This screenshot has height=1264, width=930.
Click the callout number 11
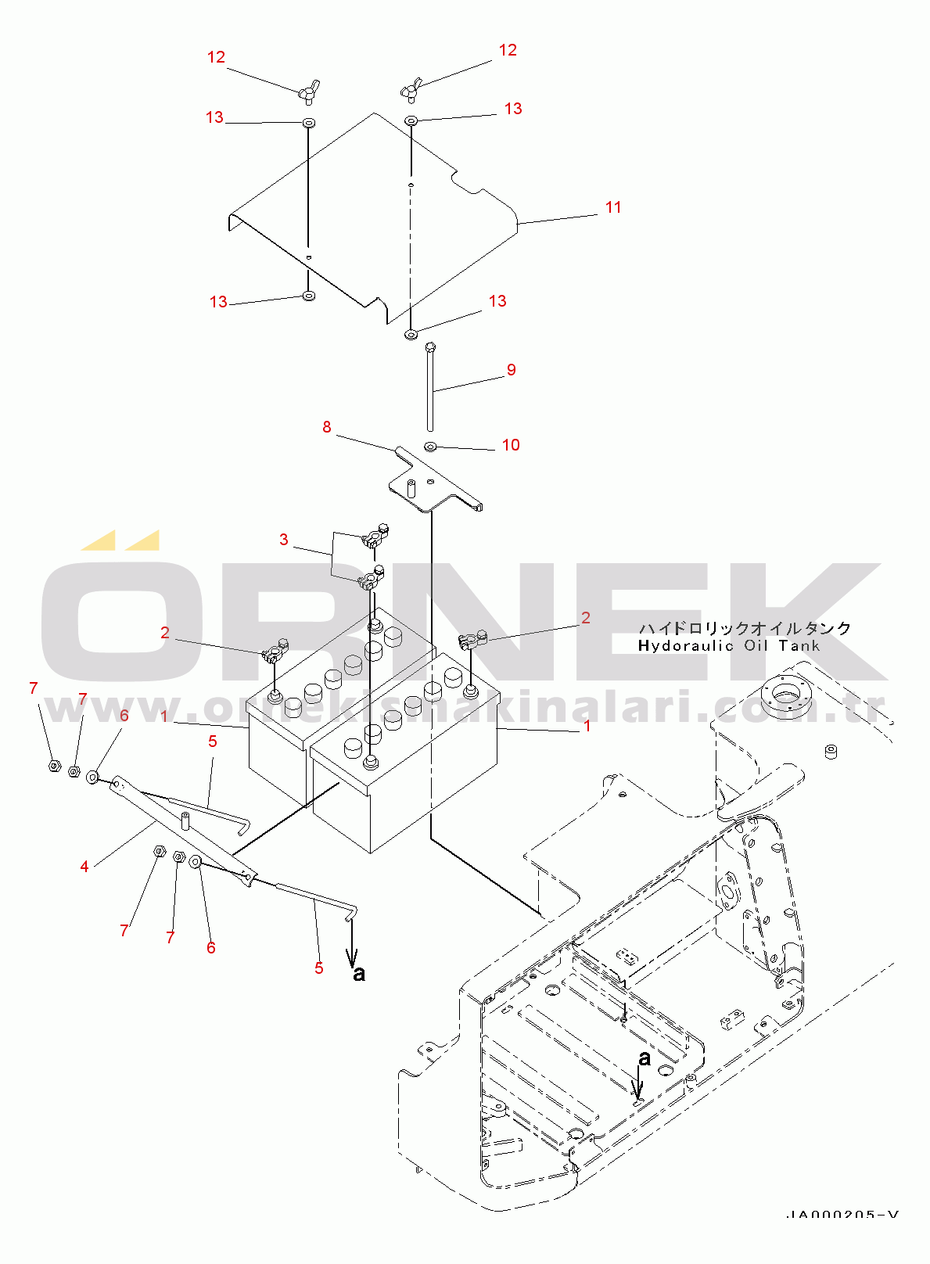[x=613, y=207]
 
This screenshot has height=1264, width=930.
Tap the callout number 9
[x=511, y=370]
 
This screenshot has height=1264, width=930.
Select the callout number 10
[x=511, y=445]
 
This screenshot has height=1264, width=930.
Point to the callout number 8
[x=327, y=427]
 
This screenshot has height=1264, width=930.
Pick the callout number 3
[x=284, y=540]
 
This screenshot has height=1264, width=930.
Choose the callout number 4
[x=84, y=866]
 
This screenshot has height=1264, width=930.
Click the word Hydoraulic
[x=685, y=646]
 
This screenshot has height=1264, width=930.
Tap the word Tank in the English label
[x=799, y=646]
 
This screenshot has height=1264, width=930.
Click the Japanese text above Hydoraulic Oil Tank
[x=745, y=628]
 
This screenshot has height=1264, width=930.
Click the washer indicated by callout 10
[x=430, y=447]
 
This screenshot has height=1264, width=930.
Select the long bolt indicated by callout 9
[x=429, y=387]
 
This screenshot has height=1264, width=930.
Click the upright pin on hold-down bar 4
[x=186, y=821]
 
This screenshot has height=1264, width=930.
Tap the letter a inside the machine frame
[x=645, y=1058]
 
